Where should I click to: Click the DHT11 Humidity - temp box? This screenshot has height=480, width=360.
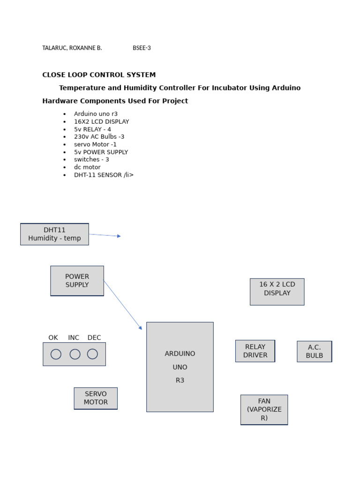click(54, 234)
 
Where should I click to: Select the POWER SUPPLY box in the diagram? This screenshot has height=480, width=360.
click(77, 281)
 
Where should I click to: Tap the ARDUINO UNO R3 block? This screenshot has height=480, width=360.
click(180, 367)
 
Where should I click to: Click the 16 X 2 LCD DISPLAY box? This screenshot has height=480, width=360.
click(277, 292)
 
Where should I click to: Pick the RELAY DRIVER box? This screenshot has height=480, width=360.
click(255, 351)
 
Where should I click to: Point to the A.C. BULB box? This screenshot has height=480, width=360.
click(314, 352)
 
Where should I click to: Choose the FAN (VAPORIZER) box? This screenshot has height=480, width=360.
click(264, 410)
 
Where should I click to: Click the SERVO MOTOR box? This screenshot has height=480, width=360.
click(96, 398)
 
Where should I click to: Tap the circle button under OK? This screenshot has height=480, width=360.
click(56, 354)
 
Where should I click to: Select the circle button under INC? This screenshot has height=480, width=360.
click(75, 354)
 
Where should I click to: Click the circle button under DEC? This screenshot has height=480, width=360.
click(92, 354)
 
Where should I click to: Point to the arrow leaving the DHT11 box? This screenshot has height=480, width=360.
click(105, 235)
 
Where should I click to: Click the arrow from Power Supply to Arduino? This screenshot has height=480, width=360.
click(122, 305)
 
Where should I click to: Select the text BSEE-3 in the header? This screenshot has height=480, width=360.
click(142, 48)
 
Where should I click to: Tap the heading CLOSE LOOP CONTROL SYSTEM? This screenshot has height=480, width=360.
click(99, 75)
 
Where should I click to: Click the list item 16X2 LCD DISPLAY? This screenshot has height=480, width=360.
click(101, 121)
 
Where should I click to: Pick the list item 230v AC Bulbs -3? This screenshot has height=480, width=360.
click(99, 137)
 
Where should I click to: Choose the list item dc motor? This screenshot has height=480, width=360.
click(87, 167)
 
